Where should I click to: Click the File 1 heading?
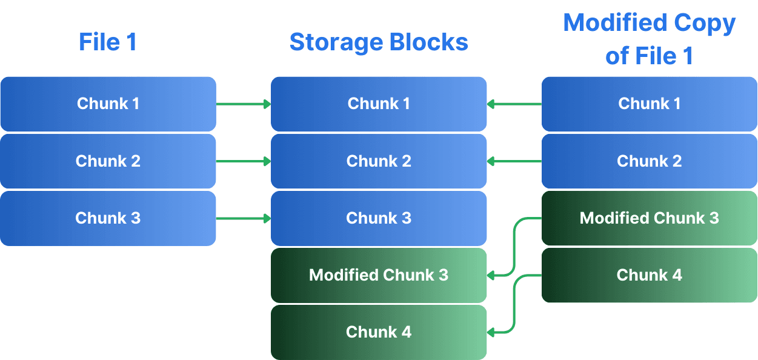point(108,42)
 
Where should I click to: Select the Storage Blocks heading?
point(379,42)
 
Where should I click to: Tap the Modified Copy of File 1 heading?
point(649,39)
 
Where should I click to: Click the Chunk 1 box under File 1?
point(108,104)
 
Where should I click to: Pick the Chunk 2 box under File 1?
point(108,161)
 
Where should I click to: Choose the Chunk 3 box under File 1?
point(108,218)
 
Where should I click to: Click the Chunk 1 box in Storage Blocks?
point(379,104)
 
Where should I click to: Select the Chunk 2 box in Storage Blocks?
point(379,161)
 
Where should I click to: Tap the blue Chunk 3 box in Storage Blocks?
point(379,218)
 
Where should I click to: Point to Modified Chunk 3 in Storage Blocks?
point(379,275)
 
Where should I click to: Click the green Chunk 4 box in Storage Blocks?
point(379,332)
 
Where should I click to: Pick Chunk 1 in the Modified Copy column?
point(649,104)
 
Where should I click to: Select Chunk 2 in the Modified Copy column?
point(649,161)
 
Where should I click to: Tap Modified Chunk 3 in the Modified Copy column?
point(649,218)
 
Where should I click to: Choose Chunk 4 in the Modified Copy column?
point(649,275)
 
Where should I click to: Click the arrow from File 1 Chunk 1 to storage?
point(243,104)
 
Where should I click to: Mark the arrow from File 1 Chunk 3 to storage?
point(243,218)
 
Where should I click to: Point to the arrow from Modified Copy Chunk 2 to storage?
point(514,161)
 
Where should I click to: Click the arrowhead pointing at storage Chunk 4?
point(491,332)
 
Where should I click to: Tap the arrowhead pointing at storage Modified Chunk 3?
point(491,275)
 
